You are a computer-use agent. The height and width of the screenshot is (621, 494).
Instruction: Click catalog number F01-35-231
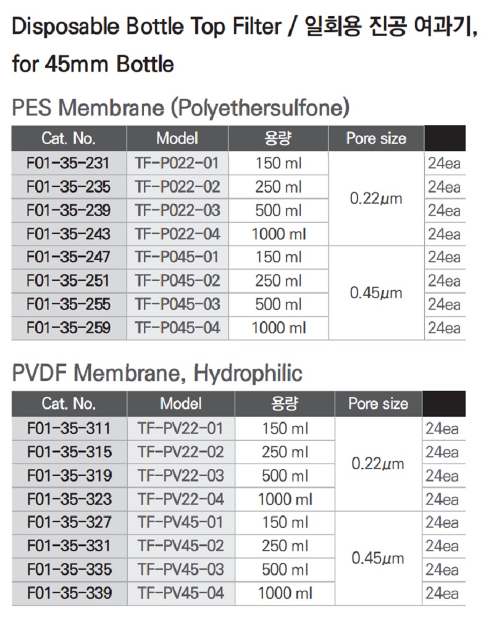pos(69,164)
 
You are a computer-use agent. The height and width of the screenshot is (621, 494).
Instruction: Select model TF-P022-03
pos(177,210)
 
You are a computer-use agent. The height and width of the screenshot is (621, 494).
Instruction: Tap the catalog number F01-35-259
pos(69,328)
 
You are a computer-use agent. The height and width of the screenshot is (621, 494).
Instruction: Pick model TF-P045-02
pos(177,281)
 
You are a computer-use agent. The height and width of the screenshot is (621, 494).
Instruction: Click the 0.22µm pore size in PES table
pos(375,199)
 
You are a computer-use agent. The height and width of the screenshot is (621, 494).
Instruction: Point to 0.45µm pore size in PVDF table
pos(378,558)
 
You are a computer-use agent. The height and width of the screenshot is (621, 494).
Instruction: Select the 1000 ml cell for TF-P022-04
pos(278,234)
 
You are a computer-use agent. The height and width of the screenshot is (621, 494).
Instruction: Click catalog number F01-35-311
pos(70,428)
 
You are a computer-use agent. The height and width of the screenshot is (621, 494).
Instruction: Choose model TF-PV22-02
pos(181,452)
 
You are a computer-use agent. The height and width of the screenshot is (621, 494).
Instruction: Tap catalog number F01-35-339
pos(70,593)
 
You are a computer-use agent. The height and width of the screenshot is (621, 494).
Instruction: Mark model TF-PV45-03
pos(181,569)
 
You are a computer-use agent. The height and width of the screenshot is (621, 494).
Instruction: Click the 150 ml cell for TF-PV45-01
pos(285,523)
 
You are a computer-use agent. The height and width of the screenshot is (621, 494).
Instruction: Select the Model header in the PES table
pos(177,138)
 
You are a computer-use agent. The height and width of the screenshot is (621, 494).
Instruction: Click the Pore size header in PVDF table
pos(378,404)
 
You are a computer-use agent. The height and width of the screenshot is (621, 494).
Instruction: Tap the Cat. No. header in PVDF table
pos(69,404)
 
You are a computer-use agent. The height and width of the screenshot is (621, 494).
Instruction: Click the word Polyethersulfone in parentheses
pos(259,109)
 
